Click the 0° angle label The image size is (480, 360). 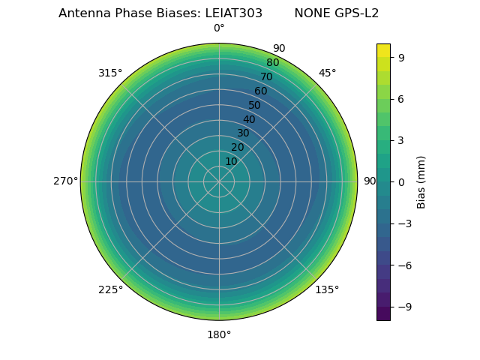(219, 28)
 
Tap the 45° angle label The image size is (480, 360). (327, 73)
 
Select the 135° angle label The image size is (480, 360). (327, 289)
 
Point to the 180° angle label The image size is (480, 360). (219, 334)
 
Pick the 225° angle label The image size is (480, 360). (110, 289)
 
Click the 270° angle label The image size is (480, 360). (65, 181)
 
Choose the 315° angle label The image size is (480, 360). (110, 73)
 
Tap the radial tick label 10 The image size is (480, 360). (231, 161)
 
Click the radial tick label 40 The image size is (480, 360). (249, 119)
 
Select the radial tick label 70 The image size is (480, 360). (266, 76)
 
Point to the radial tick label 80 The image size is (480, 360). (272, 62)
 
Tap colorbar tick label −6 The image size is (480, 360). (404, 265)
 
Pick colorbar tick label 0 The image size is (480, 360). (401, 181)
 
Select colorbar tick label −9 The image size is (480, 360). (404, 307)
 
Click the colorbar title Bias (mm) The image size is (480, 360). (421, 181)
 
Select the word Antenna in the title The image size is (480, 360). (82, 13)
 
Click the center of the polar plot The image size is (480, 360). (219, 181)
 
